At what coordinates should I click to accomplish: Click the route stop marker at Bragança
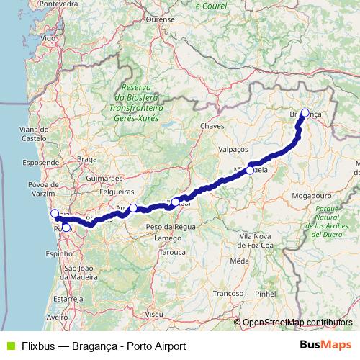[305, 112]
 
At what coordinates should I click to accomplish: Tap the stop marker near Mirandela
[250, 170]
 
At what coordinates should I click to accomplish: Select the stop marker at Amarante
[132, 208]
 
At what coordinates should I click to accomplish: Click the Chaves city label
[213, 125]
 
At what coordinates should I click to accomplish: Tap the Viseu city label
[153, 314]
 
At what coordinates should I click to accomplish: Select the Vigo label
[48, 37]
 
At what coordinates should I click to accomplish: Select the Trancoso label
[229, 293]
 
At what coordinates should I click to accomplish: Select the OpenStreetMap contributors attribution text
[297, 323]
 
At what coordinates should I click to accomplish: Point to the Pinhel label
[266, 294]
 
